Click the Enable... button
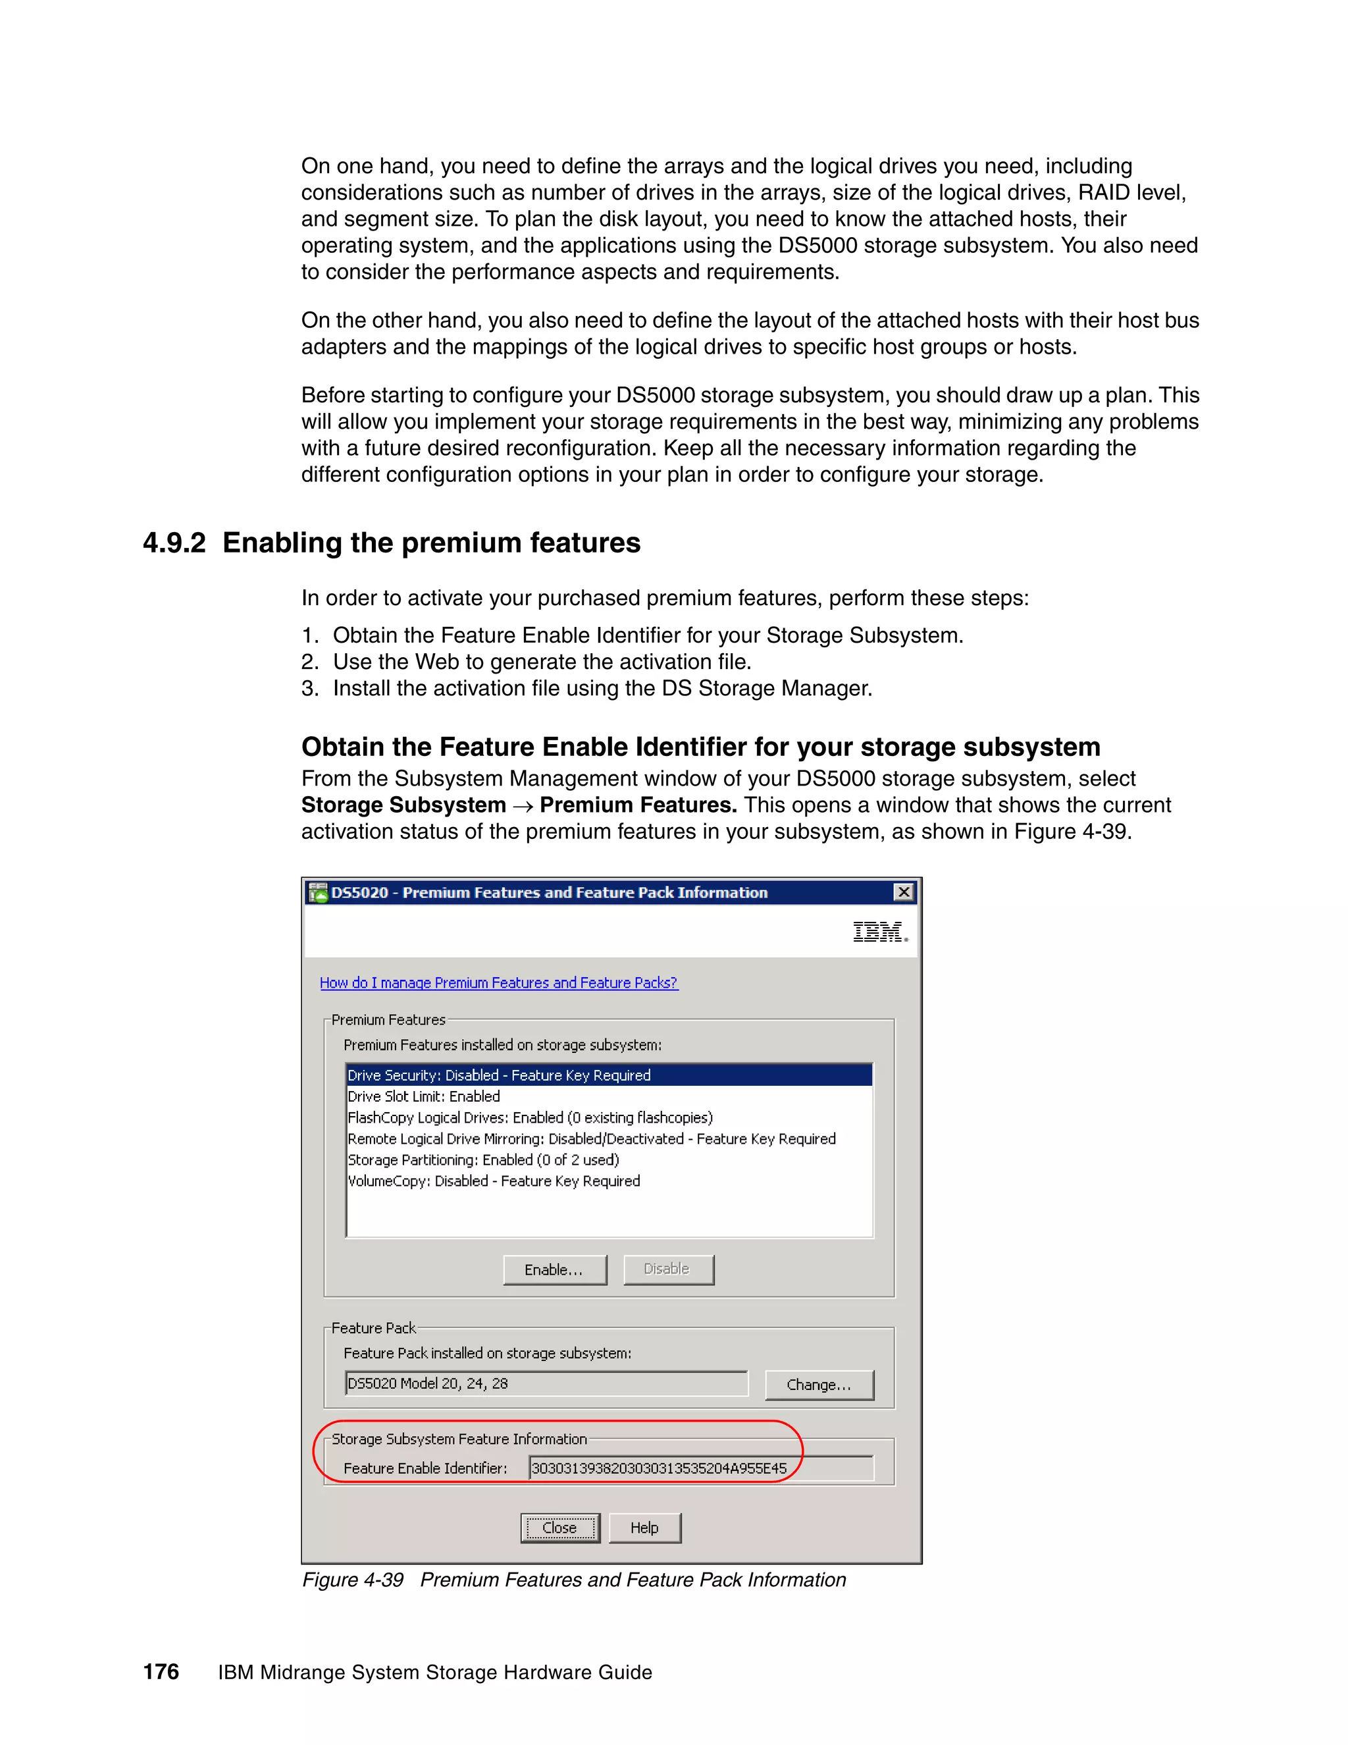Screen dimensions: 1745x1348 point(554,1270)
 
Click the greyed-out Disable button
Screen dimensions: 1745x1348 point(667,1269)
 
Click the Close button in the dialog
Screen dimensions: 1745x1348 point(560,1528)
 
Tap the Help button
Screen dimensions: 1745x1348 point(644,1528)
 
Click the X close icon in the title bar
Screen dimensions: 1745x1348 point(903,892)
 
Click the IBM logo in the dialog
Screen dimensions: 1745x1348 point(879,932)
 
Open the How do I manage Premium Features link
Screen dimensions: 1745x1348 point(498,982)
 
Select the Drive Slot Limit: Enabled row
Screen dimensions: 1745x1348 point(424,1096)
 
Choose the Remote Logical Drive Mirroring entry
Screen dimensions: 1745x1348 point(591,1139)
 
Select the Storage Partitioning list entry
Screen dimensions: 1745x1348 point(483,1160)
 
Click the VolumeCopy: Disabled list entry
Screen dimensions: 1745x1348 point(494,1181)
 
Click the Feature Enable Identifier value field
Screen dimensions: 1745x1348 point(700,1468)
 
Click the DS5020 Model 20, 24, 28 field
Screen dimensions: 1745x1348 point(546,1383)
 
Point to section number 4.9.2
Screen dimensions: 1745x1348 point(174,543)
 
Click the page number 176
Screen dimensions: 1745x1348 point(161,1671)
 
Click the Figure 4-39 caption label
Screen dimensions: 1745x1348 point(353,1580)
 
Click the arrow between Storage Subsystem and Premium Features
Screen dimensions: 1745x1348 point(523,806)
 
